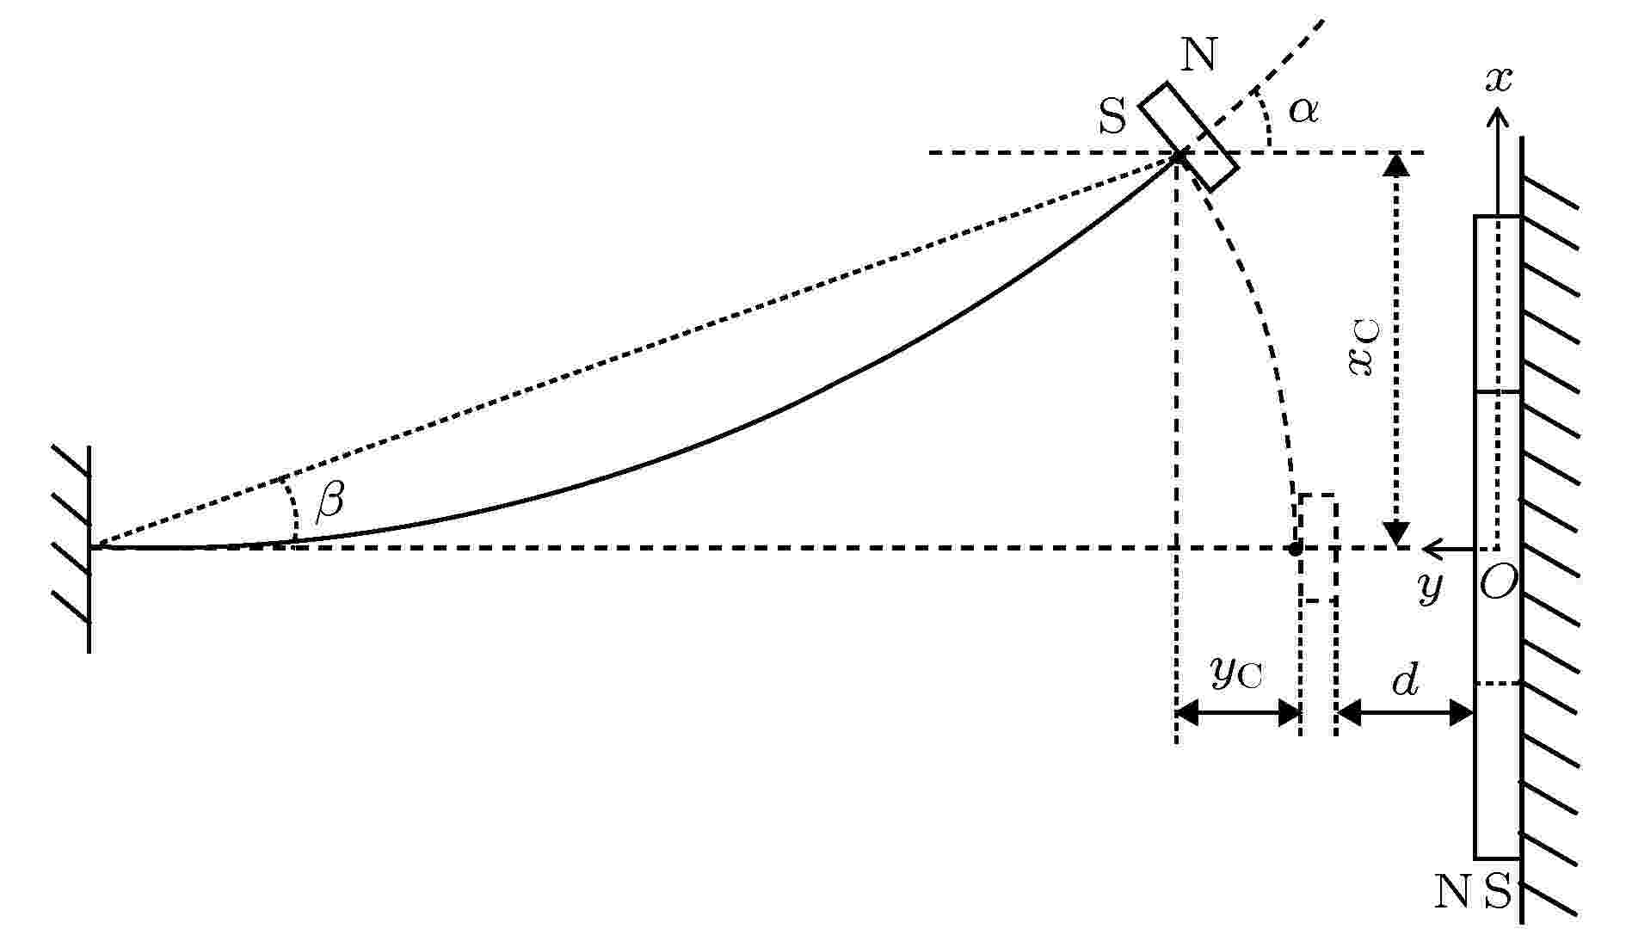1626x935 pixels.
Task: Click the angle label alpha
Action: [x=1303, y=110]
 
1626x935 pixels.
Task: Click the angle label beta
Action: [x=330, y=499]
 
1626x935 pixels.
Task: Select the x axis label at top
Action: [x=1499, y=79]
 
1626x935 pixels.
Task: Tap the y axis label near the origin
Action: [x=1429, y=588]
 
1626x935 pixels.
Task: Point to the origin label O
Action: [x=1498, y=583]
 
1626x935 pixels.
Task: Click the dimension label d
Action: [x=1405, y=680]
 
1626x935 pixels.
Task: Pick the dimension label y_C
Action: [x=1237, y=674]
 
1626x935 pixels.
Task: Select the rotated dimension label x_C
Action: [x=1363, y=348]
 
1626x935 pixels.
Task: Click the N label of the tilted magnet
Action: [x=1199, y=56]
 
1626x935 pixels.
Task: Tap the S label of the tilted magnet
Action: [x=1112, y=117]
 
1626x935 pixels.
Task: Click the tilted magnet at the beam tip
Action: [x=1189, y=137]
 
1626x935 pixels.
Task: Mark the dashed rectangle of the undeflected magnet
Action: [x=1318, y=548]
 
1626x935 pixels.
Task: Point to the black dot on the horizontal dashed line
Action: [x=1294, y=549]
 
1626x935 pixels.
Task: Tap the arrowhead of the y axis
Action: [x=1432, y=548]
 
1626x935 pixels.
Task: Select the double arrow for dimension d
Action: [x=1405, y=712]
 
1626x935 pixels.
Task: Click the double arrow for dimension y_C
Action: [x=1238, y=712]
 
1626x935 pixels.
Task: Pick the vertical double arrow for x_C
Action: [x=1395, y=350]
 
